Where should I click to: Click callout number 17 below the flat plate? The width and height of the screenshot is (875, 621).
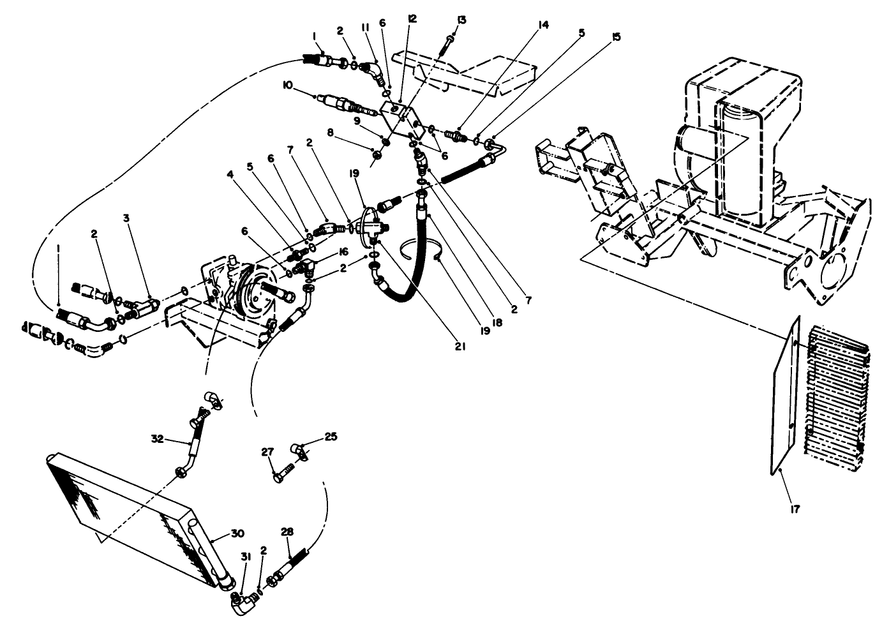click(794, 509)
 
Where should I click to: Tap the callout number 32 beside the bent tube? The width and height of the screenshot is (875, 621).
click(157, 438)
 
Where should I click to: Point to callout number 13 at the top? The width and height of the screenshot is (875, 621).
click(461, 20)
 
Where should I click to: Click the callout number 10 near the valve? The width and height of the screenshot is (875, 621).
click(288, 85)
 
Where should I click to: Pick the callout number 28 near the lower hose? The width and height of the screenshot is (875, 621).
click(287, 532)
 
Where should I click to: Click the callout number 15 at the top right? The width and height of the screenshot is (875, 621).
click(615, 37)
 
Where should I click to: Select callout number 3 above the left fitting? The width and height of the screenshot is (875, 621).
click(126, 218)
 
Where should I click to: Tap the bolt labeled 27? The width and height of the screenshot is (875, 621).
click(283, 475)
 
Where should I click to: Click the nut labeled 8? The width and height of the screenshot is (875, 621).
click(377, 154)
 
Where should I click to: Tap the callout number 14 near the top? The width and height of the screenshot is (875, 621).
click(543, 25)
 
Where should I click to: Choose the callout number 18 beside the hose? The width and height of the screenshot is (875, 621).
click(497, 323)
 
